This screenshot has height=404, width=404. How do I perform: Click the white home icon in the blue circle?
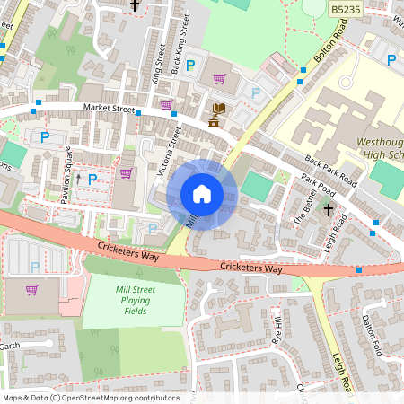coord(202,194)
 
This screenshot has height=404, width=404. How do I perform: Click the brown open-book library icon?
coord(216,110)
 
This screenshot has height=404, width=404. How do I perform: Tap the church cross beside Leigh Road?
coord(329,210)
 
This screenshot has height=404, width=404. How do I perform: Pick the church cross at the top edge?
coord(136,5)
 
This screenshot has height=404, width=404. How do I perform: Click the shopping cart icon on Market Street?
coord(166,104)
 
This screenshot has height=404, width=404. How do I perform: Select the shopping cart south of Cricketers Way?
coord(32,290)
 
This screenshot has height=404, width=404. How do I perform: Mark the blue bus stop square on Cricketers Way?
coord(359,269)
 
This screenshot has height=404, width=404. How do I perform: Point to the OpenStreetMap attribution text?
coord(91,398)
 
